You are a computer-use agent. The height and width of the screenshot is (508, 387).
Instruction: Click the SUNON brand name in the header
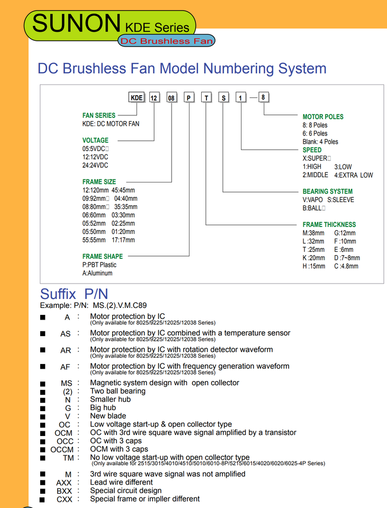76,23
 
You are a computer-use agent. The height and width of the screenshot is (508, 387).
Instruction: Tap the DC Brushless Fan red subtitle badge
167,41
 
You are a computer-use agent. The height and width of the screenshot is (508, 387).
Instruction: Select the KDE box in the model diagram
137,98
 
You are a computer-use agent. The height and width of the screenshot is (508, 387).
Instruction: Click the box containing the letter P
189,98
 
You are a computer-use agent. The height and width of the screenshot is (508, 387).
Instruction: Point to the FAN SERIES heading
98,115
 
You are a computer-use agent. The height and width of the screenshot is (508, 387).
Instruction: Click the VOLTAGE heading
95,140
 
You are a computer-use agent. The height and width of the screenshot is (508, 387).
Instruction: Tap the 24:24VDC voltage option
95,166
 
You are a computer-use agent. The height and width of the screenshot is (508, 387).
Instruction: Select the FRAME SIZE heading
99,182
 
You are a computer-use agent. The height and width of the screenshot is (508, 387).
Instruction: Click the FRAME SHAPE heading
102,257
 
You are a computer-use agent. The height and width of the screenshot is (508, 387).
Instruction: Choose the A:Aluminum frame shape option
97,274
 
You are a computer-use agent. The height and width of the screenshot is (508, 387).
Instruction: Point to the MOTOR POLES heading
323,117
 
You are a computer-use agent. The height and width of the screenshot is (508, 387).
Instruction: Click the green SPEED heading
312,150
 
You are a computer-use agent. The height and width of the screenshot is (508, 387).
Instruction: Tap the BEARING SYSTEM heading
327,192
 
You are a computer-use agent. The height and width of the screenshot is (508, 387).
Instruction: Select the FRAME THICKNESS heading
329,225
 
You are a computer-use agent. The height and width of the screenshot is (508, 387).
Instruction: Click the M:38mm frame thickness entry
313,233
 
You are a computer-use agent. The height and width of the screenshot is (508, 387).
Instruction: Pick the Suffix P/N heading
74,294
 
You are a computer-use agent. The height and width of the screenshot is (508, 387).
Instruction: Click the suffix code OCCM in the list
62,449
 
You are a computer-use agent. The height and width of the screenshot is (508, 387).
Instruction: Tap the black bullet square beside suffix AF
43,366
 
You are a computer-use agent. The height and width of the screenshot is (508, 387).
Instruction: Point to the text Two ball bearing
118,391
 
